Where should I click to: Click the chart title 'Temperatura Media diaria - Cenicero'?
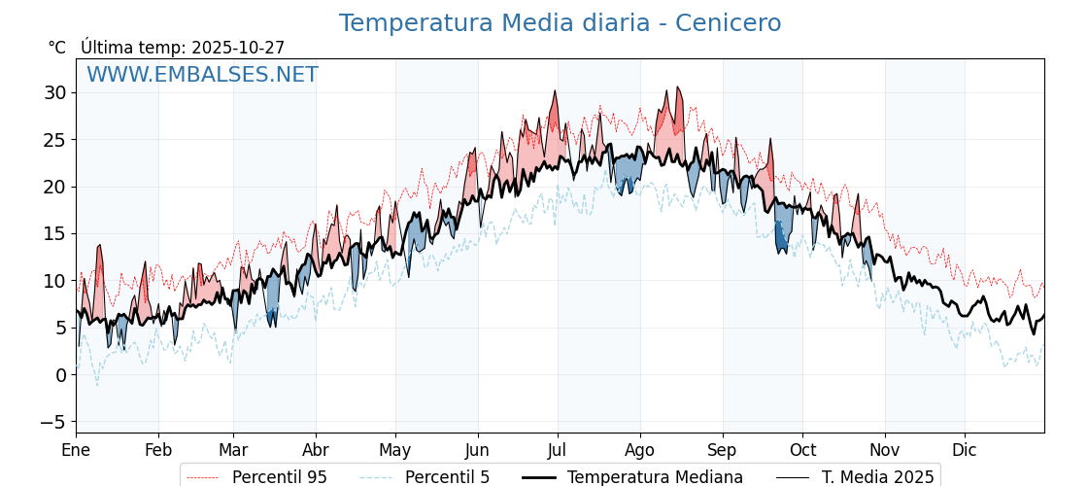(560, 23)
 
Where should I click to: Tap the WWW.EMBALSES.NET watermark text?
(202, 75)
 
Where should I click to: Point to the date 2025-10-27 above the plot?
(238, 48)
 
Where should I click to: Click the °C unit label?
(56, 48)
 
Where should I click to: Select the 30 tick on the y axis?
(54, 93)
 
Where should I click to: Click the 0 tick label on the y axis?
(60, 375)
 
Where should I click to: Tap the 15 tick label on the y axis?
(54, 234)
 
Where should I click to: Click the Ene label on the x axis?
(76, 450)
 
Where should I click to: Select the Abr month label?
(316, 450)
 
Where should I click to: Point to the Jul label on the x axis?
(558, 450)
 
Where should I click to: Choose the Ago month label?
(639, 450)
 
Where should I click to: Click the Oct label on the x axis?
(802, 450)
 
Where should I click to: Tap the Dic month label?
(965, 450)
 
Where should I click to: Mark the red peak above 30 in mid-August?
(678, 90)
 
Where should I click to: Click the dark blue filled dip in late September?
(781, 238)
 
